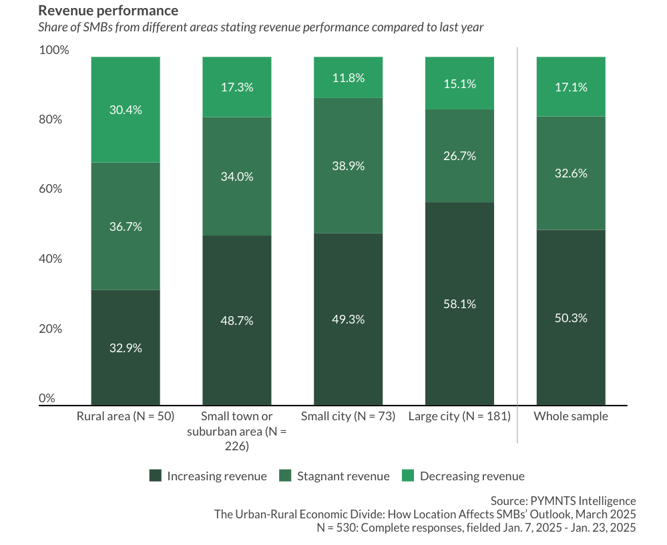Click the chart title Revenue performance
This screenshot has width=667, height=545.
point(108,11)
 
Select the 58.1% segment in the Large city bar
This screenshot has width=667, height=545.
point(459,304)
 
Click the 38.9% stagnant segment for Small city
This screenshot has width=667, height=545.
point(348,165)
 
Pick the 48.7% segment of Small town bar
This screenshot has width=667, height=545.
point(237,320)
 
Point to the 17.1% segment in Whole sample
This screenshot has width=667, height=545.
point(571,87)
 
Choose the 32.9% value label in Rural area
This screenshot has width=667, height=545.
point(126,348)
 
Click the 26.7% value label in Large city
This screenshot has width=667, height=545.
point(459,156)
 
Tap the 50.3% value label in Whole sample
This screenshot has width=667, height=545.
point(571,318)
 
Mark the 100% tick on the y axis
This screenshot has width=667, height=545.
point(53,50)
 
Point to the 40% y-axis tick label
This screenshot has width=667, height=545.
point(50,259)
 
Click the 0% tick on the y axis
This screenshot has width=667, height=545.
point(47,398)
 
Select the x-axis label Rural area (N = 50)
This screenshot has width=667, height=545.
point(126,416)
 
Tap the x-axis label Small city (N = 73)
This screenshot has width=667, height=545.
point(348,416)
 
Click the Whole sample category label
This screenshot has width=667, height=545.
point(571,416)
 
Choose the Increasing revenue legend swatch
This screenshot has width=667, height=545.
point(156,476)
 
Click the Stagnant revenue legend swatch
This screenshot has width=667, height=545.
point(285,476)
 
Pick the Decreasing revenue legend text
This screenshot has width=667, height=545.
point(472,476)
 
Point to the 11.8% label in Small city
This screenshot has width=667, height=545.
point(348,77)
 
